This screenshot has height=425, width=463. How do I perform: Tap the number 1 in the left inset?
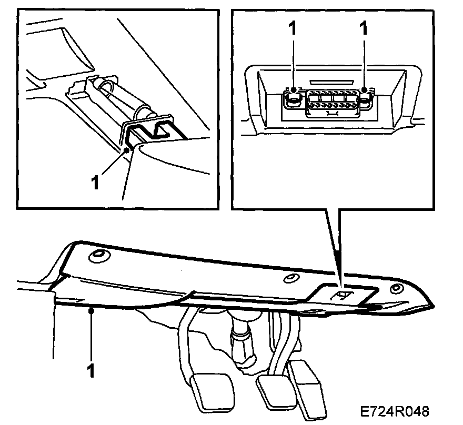click(95, 183)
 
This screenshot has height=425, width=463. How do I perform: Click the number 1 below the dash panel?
click(92, 370)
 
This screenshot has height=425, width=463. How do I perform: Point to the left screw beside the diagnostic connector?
click(293, 97)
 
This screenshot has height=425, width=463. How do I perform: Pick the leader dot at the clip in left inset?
click(127, 150)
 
